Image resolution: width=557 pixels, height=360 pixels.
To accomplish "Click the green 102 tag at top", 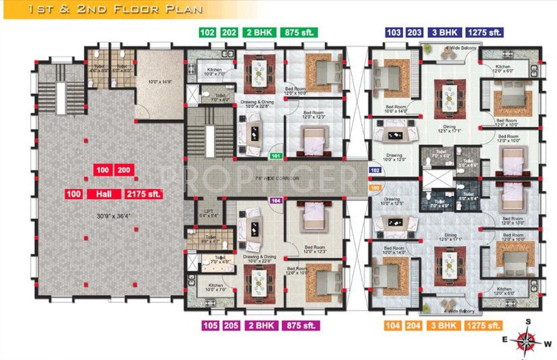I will coord(207,33).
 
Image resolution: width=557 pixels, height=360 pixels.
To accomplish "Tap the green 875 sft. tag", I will coord(299,33).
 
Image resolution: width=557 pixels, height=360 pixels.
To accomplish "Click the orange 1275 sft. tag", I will coord(483,325).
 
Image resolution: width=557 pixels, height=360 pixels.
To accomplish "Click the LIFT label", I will coord(204,211).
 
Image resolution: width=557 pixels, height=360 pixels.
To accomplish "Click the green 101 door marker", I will coord(276,156).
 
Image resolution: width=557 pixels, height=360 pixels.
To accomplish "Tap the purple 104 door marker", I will coord(276,201).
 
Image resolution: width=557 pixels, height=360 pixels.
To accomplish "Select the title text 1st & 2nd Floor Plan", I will coord(115,9).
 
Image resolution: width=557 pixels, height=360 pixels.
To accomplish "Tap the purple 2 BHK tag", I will coord(261,325).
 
